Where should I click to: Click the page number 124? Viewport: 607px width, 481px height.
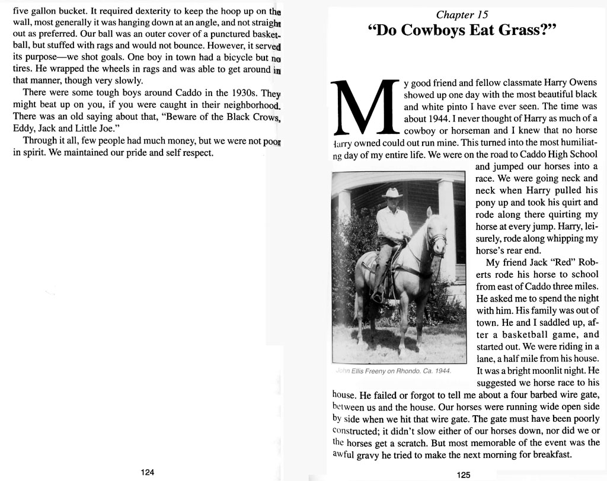tap(148, 472)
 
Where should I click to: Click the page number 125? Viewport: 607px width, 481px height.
tap(464, 474)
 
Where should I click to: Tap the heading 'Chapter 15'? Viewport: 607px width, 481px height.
tap(462, 15)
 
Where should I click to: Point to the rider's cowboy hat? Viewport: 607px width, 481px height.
tap(391, 193)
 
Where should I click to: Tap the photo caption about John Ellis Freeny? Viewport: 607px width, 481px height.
tap(393, 371)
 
